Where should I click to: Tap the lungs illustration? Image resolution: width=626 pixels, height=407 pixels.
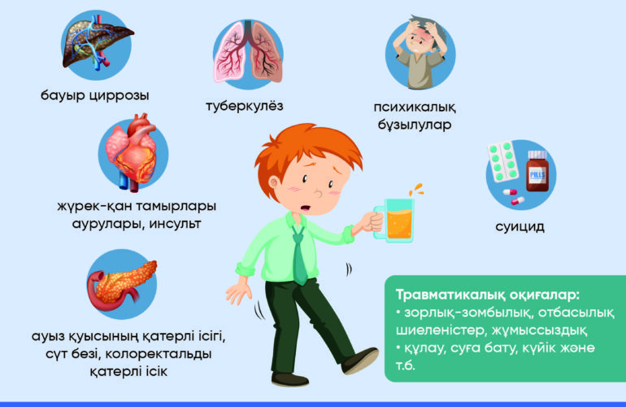(248, 51)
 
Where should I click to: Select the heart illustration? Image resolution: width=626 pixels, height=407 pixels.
(132, 152)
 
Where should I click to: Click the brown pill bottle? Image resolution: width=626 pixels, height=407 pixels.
(537, 171)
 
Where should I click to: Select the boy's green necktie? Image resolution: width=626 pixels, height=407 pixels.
(299, 255)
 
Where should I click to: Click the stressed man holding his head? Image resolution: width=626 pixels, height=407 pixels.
(420, 51)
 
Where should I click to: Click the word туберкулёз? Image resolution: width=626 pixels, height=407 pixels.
(245, 107)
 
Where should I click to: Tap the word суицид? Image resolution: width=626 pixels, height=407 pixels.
(519, 226)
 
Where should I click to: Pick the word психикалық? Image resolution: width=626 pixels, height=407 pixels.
(415, 107)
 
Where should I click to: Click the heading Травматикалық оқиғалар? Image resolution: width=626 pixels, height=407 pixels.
(488, 295)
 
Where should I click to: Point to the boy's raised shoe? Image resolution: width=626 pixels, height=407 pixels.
(360, 360)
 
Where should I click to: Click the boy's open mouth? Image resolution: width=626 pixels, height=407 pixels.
(306, 208)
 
